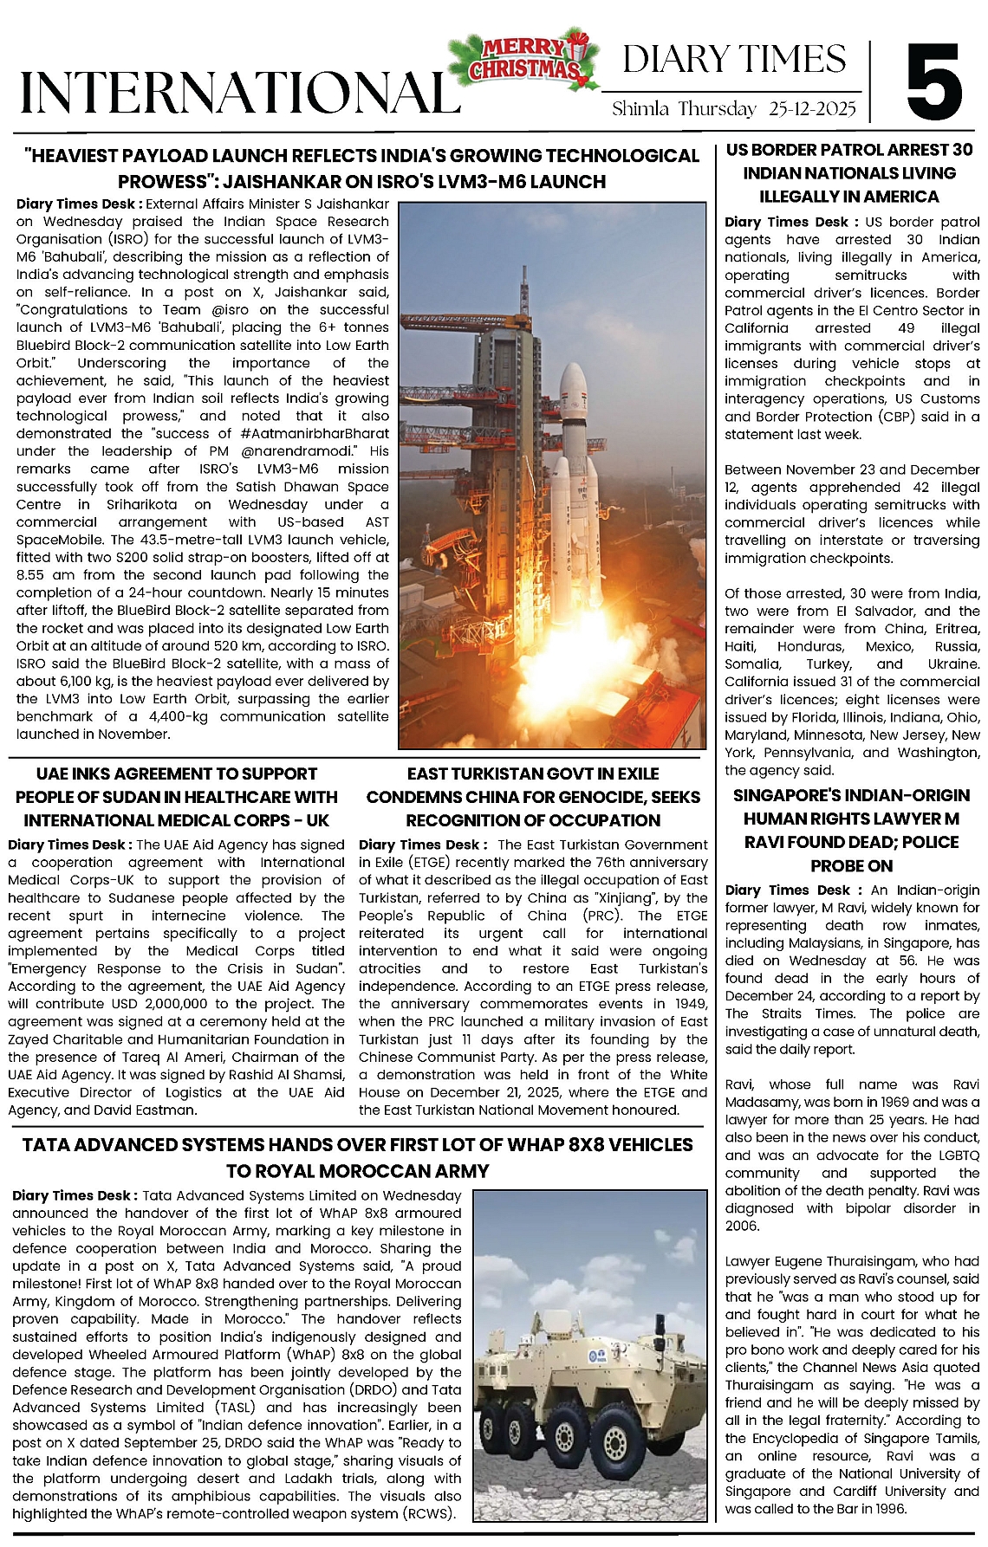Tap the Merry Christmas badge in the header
[523, 60]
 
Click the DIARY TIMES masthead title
[734, 60]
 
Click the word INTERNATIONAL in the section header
[239, 92]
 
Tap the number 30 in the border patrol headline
[961, 150]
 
